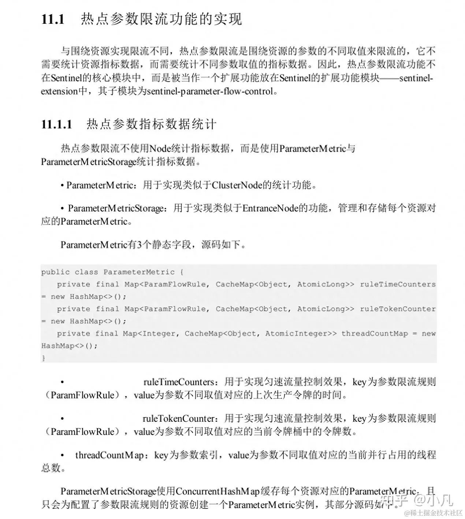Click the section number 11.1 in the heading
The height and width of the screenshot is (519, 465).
click(x=53, y=19)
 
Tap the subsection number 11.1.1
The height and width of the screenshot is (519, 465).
click(x=57, y=124)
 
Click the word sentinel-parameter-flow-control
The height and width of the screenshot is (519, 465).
click(x=210, y=91)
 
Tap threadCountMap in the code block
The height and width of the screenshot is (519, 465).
click(x=374, y=333)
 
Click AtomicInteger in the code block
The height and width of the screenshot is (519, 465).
click(x=296, y=333)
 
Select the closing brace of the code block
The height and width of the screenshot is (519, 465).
click(x=44, y=358)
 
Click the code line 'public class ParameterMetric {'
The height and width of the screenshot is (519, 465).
click(x=112, y=272)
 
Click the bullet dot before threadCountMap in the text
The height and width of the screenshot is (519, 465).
click(x=63, y=455)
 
